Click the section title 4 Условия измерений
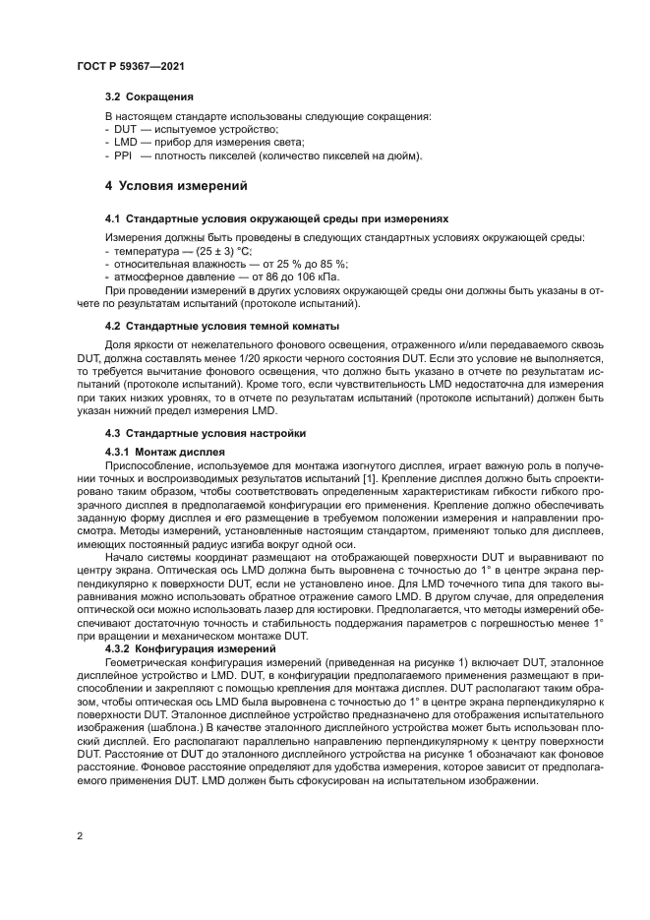coord(176,185)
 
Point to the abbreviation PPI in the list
coord(122,155)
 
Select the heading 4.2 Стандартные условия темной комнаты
coord(222,325)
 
